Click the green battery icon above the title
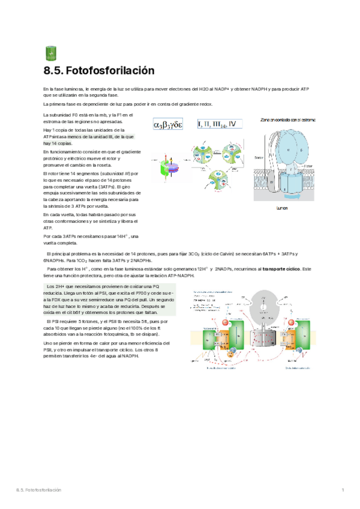pyautogui.click(x=50, y=54)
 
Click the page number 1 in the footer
pyautogui.click(x=343, y=491)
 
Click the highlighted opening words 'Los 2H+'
pyautogui.click(x=56, y=286)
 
